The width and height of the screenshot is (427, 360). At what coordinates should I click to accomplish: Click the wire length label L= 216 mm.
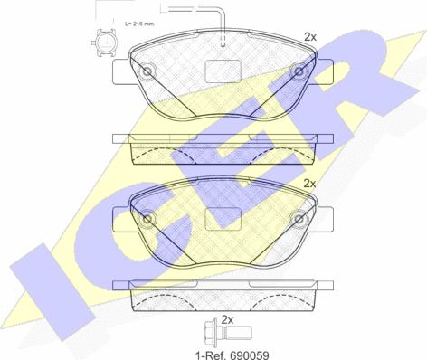point(139,24)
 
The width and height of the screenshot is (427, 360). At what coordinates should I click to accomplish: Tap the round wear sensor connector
point(104,43)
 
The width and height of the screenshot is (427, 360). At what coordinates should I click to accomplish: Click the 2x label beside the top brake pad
point(309,37)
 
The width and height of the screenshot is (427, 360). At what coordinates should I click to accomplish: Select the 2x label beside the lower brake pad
point(309,184)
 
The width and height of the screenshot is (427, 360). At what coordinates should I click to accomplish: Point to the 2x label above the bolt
point(228,320)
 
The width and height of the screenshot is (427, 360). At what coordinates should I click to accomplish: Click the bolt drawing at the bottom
point(229,333)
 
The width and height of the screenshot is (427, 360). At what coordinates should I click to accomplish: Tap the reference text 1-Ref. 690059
point(232,355)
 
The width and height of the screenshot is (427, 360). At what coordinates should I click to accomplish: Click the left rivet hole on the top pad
point(147,71)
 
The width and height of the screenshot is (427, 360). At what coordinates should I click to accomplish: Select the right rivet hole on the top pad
point(299,71)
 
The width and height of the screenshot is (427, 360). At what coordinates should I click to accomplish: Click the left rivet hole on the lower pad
point(147,219)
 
